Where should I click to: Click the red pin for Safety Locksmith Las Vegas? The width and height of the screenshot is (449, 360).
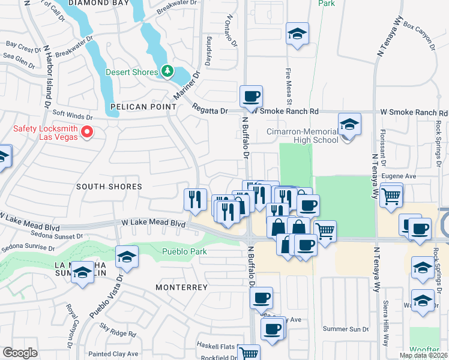87,131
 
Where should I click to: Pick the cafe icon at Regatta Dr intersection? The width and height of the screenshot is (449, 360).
251,96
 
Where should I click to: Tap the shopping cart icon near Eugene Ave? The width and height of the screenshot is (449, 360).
391,195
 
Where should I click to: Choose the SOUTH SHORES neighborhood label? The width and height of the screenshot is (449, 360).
109,187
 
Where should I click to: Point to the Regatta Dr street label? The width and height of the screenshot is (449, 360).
210,109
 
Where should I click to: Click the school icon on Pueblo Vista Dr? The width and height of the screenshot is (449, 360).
127,258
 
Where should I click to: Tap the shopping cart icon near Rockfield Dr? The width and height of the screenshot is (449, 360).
249,353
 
